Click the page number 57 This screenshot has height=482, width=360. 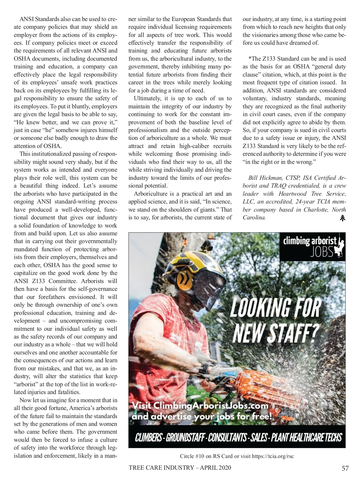(345, 468)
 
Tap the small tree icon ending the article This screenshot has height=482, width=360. (342, 218)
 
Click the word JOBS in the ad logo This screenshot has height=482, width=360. (322, 252)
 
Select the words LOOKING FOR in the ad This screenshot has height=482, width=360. (275, 308)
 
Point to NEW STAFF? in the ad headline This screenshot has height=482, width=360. (275, 333)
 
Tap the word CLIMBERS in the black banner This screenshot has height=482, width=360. (148, 438)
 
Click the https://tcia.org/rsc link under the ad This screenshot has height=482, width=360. (273, 456)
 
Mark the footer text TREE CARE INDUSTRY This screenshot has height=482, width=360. (161, 468)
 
